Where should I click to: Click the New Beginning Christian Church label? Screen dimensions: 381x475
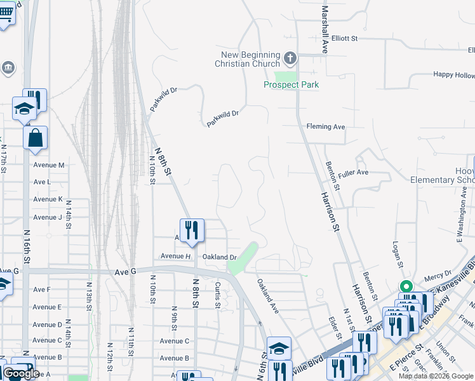[x=247, y=59]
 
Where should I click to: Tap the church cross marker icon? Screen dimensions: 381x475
[x=290, y=59]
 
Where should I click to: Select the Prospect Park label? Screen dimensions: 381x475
[x=291, y=84]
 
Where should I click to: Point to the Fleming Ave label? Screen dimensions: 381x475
[x=326, y=127]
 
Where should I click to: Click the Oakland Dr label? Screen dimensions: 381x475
[x=219, y=257]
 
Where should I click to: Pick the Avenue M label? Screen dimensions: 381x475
[x=49, y=165]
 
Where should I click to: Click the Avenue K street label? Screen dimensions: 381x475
[x=48, y=199]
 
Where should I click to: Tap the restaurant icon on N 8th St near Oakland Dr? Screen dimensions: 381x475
[x=192, y=230]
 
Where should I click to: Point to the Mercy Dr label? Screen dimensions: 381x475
[x=438, y=276]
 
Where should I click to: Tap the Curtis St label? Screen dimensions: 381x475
[x=217, y=295]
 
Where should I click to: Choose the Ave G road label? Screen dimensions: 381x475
[x=125, y=271]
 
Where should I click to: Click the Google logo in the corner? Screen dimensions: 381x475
[x=20, y=373]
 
